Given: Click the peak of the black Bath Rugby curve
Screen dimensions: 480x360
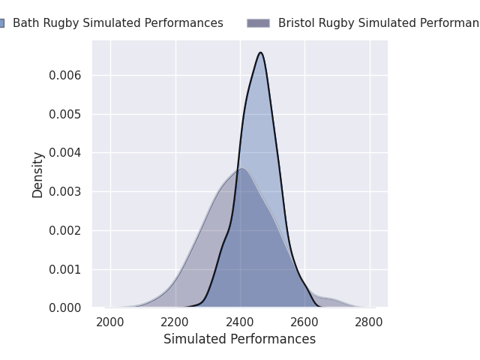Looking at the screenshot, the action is (260, 52).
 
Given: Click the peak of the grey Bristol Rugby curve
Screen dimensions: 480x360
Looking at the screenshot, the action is (242, 168).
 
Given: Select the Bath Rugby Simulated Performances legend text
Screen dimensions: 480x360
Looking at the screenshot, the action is (118, 23).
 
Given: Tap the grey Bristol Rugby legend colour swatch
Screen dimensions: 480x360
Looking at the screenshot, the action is (258, 23).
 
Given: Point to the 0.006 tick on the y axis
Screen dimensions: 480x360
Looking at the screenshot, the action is (65, 75).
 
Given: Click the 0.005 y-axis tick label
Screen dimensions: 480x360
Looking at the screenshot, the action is (65, 114).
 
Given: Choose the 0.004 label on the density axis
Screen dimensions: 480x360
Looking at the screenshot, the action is (65, 152).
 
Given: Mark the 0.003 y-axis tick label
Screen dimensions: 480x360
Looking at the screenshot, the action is (65, 192).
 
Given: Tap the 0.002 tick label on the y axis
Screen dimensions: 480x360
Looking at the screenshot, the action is (65, 230).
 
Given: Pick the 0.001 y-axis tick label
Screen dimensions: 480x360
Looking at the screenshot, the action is (65, 270).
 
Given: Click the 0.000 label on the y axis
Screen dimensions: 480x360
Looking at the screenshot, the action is (65, 308).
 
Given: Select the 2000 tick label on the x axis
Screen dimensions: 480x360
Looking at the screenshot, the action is (110, 322).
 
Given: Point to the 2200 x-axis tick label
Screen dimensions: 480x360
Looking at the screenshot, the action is (175, 322).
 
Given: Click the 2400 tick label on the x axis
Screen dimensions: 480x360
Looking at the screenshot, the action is (240, 322).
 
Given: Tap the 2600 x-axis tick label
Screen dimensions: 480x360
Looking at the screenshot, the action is (304, 322).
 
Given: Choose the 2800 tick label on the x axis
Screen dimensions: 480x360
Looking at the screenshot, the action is (369, 322).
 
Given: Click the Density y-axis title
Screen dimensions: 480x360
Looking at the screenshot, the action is (37, 175).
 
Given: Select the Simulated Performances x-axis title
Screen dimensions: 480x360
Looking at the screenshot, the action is (240, 339).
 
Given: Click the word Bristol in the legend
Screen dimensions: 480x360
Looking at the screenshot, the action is (297, 23).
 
